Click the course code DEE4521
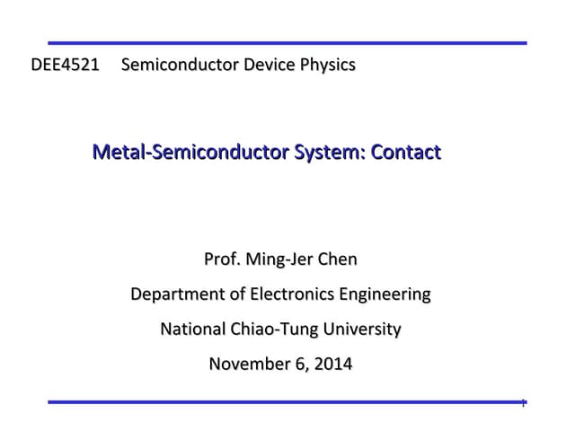pos(65,65)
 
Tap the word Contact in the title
pos(406,152)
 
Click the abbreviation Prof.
pos(223,259)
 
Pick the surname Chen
pos(337,259)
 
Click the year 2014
pos(332,364)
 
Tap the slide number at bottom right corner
pos(523,404)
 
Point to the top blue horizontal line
pos(287,42)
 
